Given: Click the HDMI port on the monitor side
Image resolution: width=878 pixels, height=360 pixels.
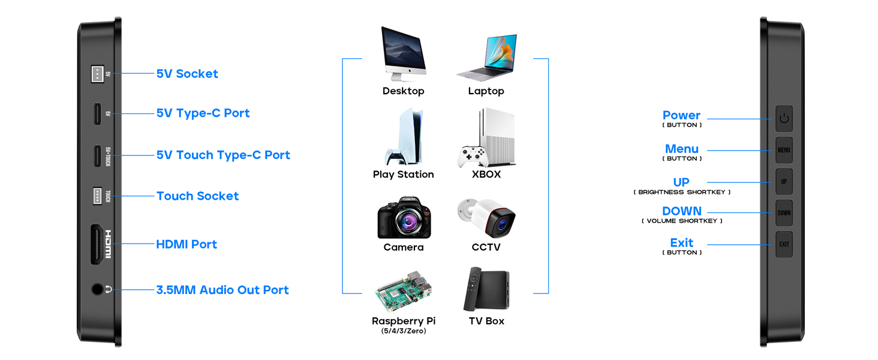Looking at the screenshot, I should click(x=97, y=244).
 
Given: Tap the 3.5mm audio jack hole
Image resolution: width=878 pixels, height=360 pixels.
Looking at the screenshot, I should click(x=97, y=289).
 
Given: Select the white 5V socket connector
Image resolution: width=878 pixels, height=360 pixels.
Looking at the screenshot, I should click(x=97, y=73).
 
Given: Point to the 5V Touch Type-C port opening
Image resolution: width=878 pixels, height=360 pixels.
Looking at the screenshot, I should click(x=97, y=155).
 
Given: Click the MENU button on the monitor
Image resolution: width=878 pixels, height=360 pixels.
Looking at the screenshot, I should click(x=784, y=150).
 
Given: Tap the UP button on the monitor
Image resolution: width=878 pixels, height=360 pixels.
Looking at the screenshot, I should click(x=784, y=181).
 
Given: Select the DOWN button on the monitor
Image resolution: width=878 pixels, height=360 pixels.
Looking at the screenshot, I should click(x=784, y=212).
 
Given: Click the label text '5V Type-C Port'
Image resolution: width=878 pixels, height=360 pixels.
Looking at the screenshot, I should click(x=203, y=113).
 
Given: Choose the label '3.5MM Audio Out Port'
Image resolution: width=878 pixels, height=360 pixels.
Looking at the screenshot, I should click(x=222, y=290).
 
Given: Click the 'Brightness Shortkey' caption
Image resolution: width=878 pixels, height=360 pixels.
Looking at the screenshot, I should click(x=682, y=193).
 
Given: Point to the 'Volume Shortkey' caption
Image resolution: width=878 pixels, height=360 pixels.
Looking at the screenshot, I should click(x=682, y=221).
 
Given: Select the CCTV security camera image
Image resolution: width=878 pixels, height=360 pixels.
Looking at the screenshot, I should click(x=487, y=217).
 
